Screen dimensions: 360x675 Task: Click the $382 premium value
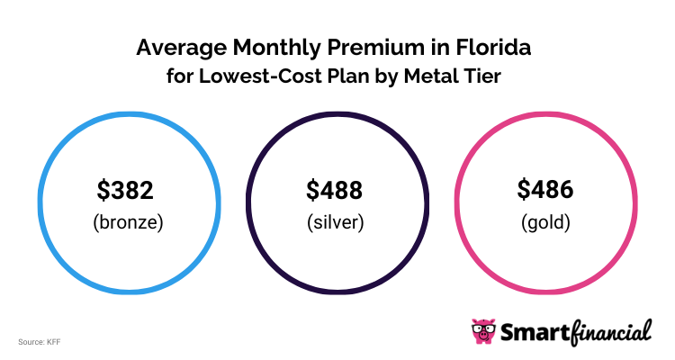click(x=126, y=190)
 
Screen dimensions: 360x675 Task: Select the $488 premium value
click(x=335, y=190)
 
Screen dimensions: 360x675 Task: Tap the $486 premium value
click(x=545, y=190)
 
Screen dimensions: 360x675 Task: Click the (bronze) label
click(x=127, y=221)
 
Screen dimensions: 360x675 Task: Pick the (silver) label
click(x=335, y=221)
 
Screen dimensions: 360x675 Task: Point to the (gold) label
click(x=545, y=221)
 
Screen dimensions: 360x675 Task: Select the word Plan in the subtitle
click(x=344, y=76)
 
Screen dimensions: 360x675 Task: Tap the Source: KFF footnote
click(x=39, y=342)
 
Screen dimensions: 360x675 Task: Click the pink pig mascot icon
click(x=483, y=330)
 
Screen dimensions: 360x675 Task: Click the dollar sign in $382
click(x=103, y=190)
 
